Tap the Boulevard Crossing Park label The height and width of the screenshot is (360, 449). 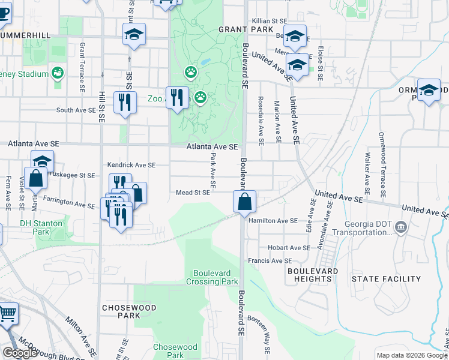tap(212, 277)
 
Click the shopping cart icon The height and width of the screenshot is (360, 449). tap(7, 313)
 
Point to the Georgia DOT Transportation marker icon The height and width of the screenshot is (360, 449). tap(401, 227)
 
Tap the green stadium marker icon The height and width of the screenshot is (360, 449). tap(58, 73)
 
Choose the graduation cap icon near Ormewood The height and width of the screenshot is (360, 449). tap(429, 90)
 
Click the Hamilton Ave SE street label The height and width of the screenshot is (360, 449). tap(273, 221)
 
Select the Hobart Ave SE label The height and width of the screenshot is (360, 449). tap(289, 247)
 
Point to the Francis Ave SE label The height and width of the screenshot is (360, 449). tap(270, 261)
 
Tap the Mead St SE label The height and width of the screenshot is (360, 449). tap(193, 193)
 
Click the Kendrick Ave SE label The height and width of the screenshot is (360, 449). tap(131, 164)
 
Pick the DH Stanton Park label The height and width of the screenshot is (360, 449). tap(41, 227)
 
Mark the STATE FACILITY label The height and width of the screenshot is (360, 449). tap(387, 279)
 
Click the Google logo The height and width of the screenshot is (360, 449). tap(20, 353)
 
